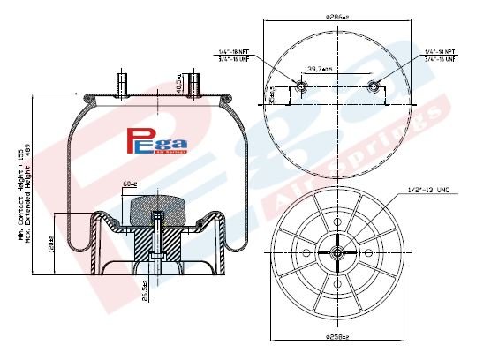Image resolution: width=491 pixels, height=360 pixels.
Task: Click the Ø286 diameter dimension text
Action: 338,17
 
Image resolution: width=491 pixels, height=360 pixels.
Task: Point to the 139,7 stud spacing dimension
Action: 336,68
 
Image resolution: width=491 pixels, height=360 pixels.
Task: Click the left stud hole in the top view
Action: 302,87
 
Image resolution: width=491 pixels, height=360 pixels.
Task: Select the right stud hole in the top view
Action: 374,87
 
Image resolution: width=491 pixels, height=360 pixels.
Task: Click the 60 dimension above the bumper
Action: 128,184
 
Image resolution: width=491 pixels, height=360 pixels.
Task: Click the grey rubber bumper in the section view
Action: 155,214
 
